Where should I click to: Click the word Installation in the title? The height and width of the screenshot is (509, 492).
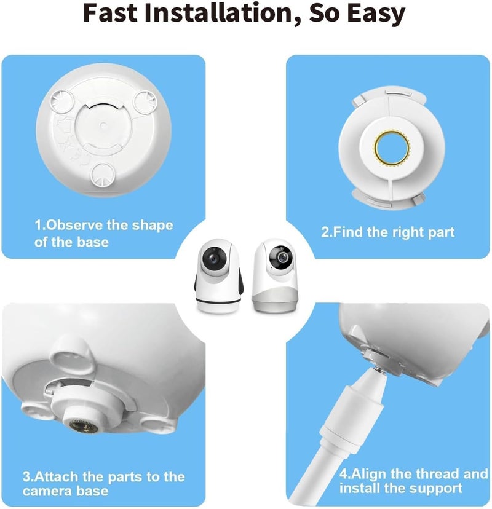218,13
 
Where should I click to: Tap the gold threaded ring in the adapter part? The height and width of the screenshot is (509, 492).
392,148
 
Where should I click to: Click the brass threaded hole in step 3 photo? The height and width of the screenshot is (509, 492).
84,425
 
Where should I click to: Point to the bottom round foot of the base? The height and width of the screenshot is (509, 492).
102,175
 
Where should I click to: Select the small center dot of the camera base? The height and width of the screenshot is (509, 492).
103,125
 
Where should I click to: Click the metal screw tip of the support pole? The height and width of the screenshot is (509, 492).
379,369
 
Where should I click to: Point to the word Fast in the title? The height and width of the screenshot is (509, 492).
111,13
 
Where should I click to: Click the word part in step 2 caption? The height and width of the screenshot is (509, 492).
442,233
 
